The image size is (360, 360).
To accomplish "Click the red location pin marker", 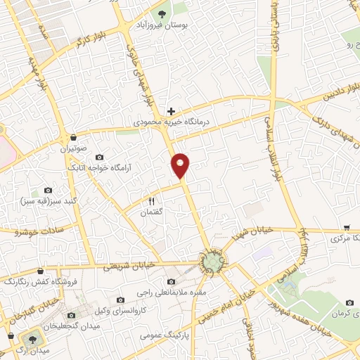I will (181, 165).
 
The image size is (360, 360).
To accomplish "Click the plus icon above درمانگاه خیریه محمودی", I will (171, 111).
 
